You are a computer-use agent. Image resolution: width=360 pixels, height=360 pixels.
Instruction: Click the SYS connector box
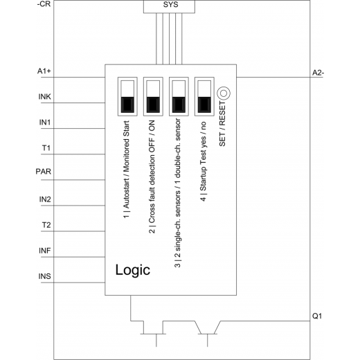[169, 6]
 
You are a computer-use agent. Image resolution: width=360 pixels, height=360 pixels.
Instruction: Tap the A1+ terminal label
[44, 71]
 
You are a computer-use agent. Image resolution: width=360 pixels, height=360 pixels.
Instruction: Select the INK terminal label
[44, 96]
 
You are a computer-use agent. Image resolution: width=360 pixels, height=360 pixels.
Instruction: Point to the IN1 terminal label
[45, 122]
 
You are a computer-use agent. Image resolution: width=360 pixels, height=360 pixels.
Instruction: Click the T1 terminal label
[46, 147]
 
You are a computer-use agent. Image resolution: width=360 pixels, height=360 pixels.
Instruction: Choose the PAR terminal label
[44, 172]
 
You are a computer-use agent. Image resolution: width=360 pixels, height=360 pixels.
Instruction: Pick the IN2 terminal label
[45, 199]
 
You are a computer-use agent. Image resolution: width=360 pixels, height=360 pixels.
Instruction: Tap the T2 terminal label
[46, 225]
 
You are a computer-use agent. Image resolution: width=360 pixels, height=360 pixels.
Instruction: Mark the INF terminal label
[44, 251]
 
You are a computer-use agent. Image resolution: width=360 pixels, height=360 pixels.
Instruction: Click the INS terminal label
[44, 276]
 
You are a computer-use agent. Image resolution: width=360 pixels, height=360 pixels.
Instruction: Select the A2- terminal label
[318, 73]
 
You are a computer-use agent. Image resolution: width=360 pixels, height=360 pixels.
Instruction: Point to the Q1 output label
[317, 316]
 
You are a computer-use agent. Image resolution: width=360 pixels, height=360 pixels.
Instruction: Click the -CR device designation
[44, 4]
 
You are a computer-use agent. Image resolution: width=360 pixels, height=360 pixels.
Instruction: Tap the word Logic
[133, 270]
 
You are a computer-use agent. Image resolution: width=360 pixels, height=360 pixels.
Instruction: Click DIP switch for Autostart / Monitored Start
[127, 96]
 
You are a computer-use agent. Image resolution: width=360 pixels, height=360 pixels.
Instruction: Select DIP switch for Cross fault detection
[153, 96]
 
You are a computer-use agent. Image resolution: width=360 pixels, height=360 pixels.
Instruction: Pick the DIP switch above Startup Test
[204, 96]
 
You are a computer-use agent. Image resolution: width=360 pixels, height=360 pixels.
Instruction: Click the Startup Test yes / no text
[203, 161]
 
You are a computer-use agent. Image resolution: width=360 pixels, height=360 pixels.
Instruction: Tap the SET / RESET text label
[222, 124]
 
